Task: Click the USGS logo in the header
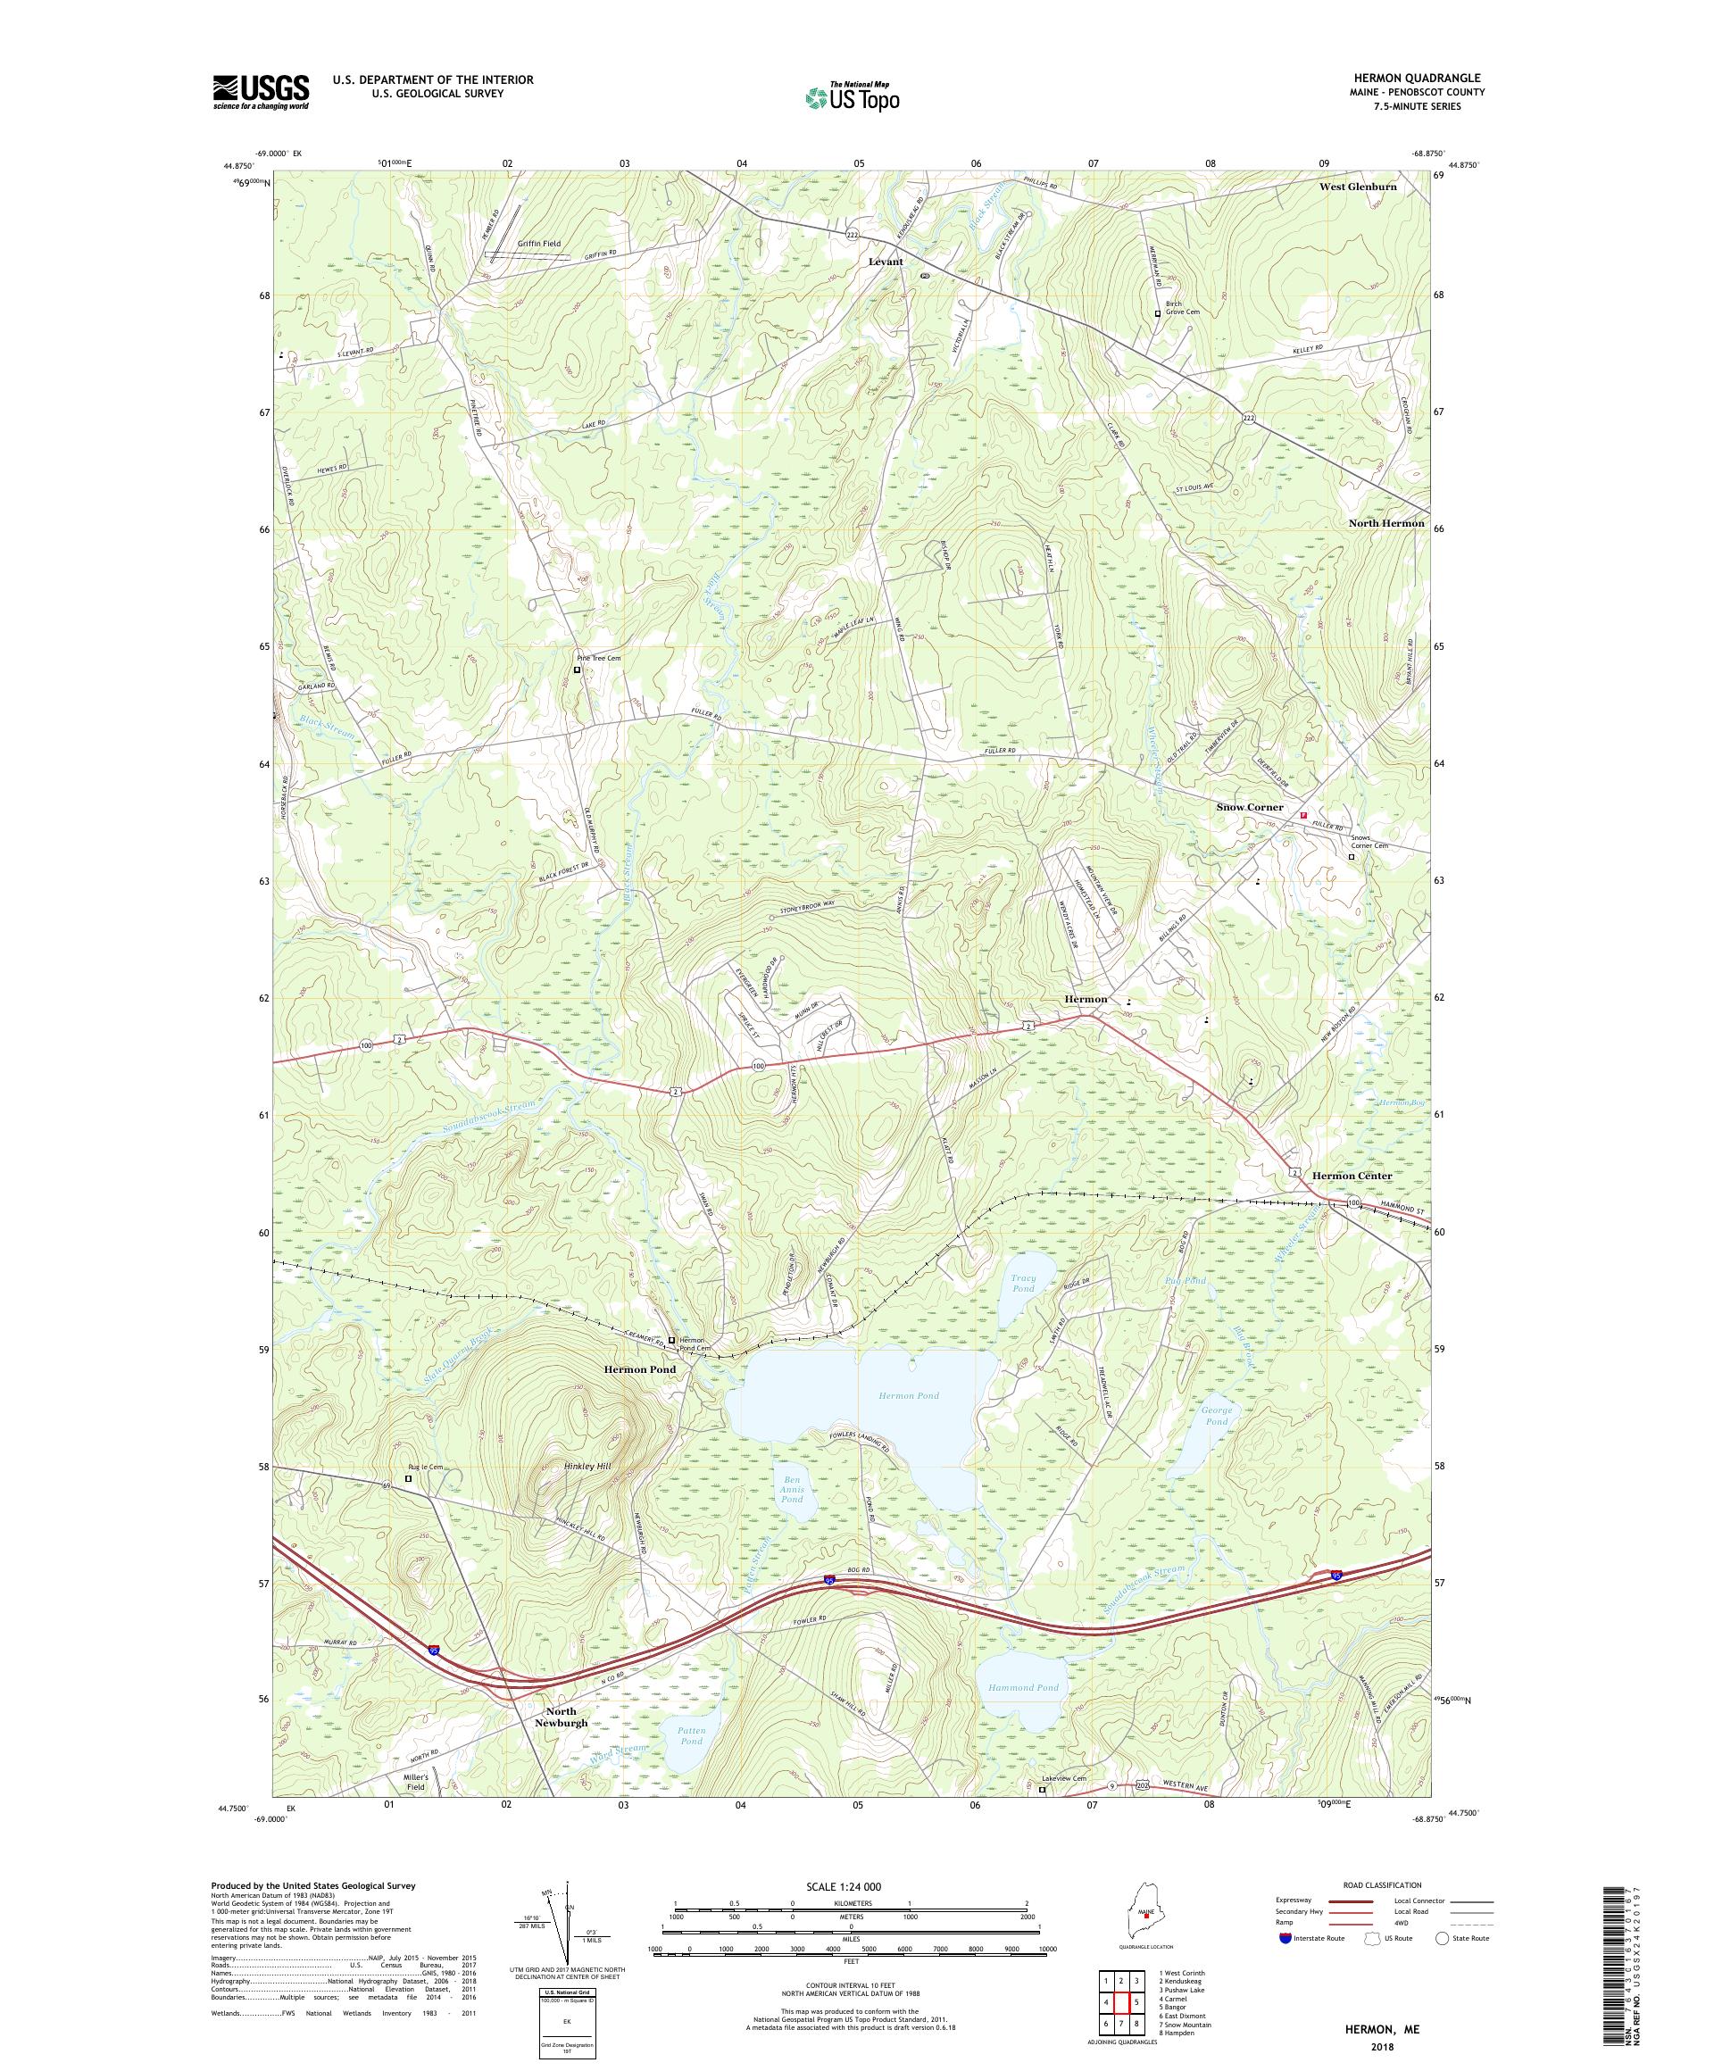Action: pyautogui.click(x=261, y=92)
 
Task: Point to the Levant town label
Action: pyautogui.click(x=885, y=262)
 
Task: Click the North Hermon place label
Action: pyautogui.click(x=1385, y=523)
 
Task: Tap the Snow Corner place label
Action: pyautogui.click(x=1249, y=807)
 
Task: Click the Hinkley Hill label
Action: pyautogui.click(x=587, y=1467)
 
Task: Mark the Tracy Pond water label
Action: pyautogui.click(x=1023, y=1283)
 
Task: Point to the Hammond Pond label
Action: pyautogui.click(x=1023, y=1687)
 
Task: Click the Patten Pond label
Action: pyautogui.click(x=691, y=1735)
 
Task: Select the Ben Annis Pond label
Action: pyautogui.click(x=793, y=1489)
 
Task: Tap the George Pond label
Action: pyautogui.click(x=1216, y=1415)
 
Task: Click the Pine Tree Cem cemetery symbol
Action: pyautogui.click(x=578, y=670)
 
